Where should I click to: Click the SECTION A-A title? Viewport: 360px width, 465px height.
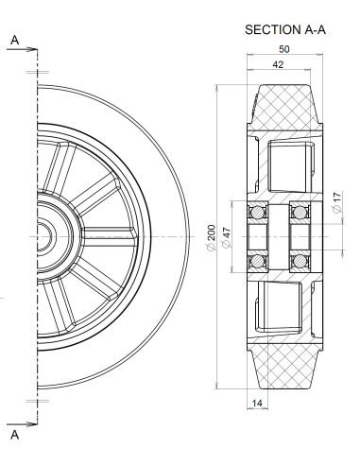285,29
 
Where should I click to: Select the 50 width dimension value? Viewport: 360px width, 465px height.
284,49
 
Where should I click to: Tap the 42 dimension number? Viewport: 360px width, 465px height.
278,64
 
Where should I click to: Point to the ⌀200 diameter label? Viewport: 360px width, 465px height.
212,237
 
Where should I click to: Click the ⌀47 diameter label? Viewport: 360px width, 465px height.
227,237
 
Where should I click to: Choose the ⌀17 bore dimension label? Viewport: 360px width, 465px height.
336,202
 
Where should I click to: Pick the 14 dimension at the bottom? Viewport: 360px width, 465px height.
257,403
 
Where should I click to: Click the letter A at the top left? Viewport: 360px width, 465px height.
15,41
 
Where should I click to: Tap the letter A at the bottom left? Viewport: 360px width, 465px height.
15,435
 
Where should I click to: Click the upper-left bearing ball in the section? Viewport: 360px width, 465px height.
258,212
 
